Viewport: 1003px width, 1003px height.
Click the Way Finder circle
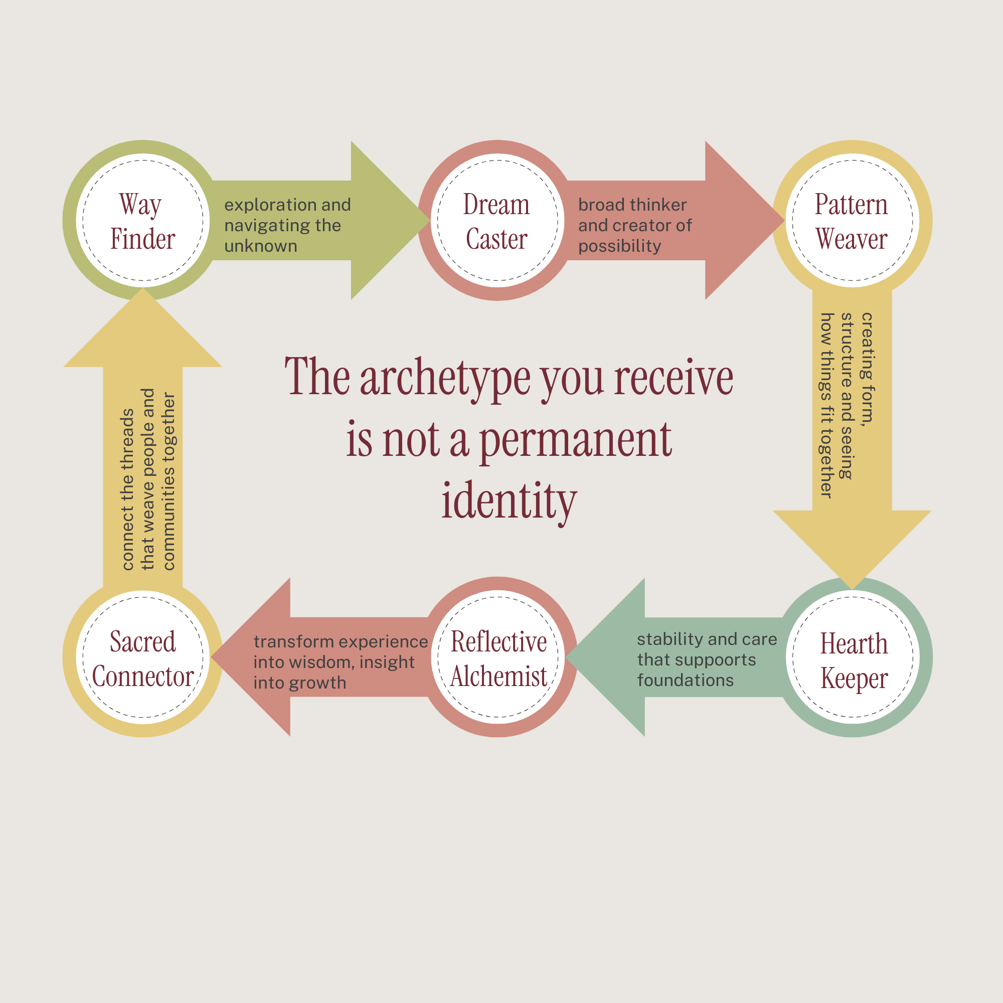(143, 220)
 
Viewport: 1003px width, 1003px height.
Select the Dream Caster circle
(497, 220)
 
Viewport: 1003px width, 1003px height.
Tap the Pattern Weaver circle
(852, 220)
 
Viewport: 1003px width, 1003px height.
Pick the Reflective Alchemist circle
(497, 657)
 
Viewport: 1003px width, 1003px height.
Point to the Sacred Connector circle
(143, 657)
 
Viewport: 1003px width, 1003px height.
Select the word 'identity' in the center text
(509, 501)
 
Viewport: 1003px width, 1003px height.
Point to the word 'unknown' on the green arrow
(261, 246)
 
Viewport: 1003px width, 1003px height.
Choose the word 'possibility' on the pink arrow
(619, 246)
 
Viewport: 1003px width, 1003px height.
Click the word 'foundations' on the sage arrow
(685, 680)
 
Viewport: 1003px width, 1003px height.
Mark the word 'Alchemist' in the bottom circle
(498, 676)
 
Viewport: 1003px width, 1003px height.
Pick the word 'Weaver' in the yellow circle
(852, 239)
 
